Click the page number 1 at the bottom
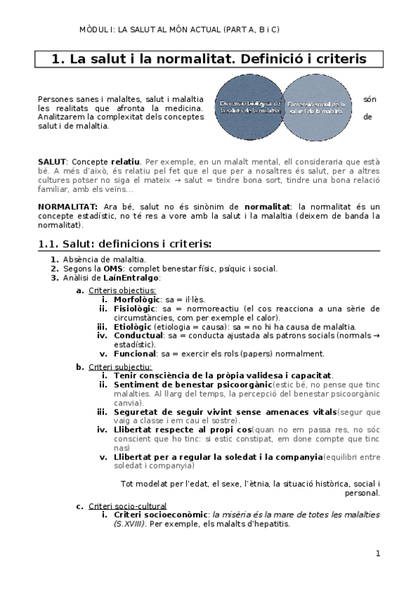coord(378,554)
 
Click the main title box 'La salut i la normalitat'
coord(209,59)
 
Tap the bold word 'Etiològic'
coord(132,326)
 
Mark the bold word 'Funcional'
coord(135,353)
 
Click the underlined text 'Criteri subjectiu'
coord(120,367)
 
